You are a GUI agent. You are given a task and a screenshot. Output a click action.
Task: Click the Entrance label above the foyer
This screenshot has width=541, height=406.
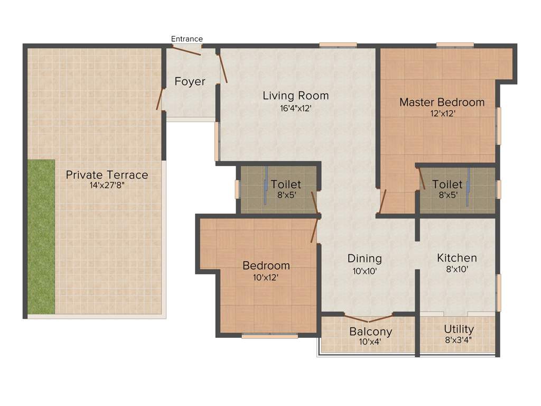click(187, 39)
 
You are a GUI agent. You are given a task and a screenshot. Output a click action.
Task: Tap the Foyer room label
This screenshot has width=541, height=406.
click(190, 81)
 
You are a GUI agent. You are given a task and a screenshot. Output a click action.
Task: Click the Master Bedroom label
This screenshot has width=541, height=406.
click(442, 102)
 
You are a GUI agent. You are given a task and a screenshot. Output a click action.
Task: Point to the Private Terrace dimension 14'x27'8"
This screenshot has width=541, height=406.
click(107, 186)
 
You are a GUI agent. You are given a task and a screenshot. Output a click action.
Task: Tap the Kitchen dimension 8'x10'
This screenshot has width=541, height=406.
click(457, 269)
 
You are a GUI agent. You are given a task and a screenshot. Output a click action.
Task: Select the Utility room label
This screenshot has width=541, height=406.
click(459, 329)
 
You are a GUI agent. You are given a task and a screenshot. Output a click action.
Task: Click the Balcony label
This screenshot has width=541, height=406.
click(370, 331)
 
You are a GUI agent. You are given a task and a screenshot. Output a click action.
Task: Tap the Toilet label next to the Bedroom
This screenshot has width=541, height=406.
click(286, 184)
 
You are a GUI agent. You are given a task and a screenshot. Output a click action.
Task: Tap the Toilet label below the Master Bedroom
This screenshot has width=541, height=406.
click(447, 184)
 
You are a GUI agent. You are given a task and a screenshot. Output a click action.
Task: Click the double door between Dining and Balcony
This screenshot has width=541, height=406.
click(368, 318)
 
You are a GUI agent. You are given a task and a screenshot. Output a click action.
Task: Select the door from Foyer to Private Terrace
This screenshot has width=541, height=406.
click(160, 98)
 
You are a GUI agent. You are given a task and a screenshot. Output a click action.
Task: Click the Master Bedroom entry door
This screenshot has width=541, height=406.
click(384, 201)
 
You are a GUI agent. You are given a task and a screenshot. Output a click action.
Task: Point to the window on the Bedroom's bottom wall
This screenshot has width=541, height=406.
click(269, 336)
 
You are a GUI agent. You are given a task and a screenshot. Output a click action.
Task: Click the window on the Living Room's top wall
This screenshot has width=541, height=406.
click(338, 45)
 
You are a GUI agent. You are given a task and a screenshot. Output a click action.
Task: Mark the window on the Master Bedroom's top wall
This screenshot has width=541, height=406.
click(454, 45)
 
